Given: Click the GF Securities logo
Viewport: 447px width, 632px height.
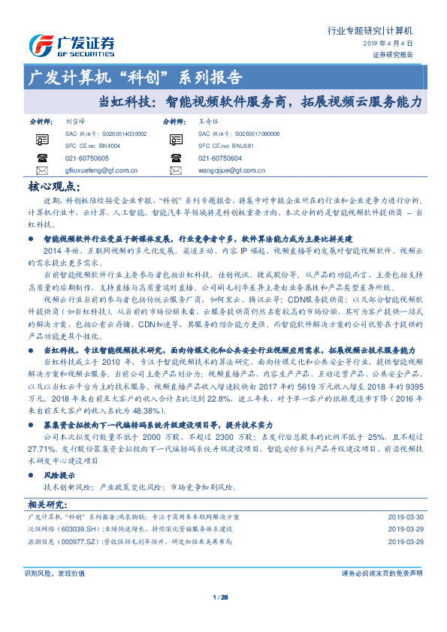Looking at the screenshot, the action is (x=71, y=44).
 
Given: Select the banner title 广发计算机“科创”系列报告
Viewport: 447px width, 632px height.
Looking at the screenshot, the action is (x=134, y=77).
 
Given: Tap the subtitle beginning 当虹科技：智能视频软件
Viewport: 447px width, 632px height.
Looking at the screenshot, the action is (x=261, y=100).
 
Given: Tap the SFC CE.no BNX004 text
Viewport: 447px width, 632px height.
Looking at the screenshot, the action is (x=83, y=146).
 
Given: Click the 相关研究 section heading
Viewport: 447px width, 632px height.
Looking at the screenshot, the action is (x=47, y=504).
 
